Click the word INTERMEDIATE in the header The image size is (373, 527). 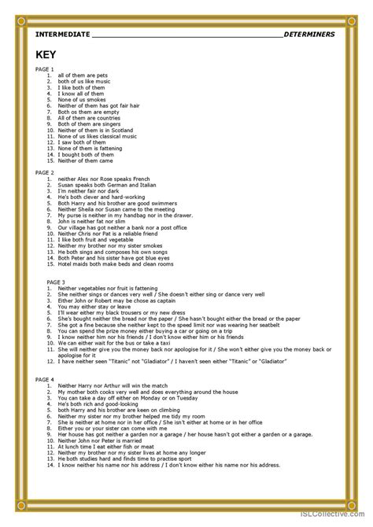[63, 35]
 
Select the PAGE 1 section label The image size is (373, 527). [45, 69]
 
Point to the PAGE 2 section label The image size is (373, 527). [45, 171]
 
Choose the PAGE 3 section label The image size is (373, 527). [45, 281]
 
